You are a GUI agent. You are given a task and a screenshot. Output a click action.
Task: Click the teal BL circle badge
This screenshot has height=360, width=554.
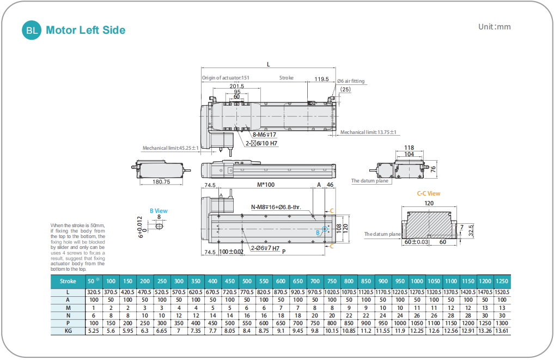[32, 30]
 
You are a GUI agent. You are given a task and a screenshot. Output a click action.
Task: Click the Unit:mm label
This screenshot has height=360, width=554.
[494, 27]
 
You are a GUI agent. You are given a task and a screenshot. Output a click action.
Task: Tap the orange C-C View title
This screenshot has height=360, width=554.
[429, 193]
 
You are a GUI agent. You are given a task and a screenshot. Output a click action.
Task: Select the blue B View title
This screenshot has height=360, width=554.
[159, 211]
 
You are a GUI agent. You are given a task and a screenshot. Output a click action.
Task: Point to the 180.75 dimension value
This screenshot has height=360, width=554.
[161, 181]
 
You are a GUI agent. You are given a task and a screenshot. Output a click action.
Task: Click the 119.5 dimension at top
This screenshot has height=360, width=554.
[321, 79]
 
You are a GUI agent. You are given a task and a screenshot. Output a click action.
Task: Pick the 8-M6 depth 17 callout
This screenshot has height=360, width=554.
[264, 135]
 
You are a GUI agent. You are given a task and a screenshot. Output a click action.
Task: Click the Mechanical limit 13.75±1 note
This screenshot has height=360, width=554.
[368, 132]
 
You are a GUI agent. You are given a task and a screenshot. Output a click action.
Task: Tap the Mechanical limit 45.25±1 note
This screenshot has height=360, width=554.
[171, 148]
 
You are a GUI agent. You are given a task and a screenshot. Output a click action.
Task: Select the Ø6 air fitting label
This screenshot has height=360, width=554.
[351, 81]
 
